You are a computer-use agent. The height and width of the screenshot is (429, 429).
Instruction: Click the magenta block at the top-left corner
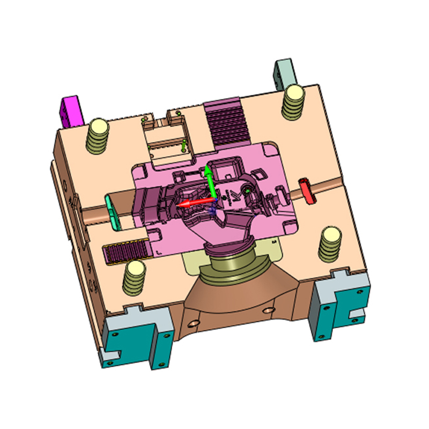point(70,110)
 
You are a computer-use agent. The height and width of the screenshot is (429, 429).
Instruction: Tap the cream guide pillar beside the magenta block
point(99,135)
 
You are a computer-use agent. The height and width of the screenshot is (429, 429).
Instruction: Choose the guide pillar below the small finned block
point(134,278)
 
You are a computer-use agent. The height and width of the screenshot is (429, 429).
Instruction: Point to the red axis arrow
point(191,204)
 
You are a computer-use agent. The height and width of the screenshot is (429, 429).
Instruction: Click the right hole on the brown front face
point(267,310)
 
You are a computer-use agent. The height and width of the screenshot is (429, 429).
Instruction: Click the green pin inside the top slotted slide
point(183,145)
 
